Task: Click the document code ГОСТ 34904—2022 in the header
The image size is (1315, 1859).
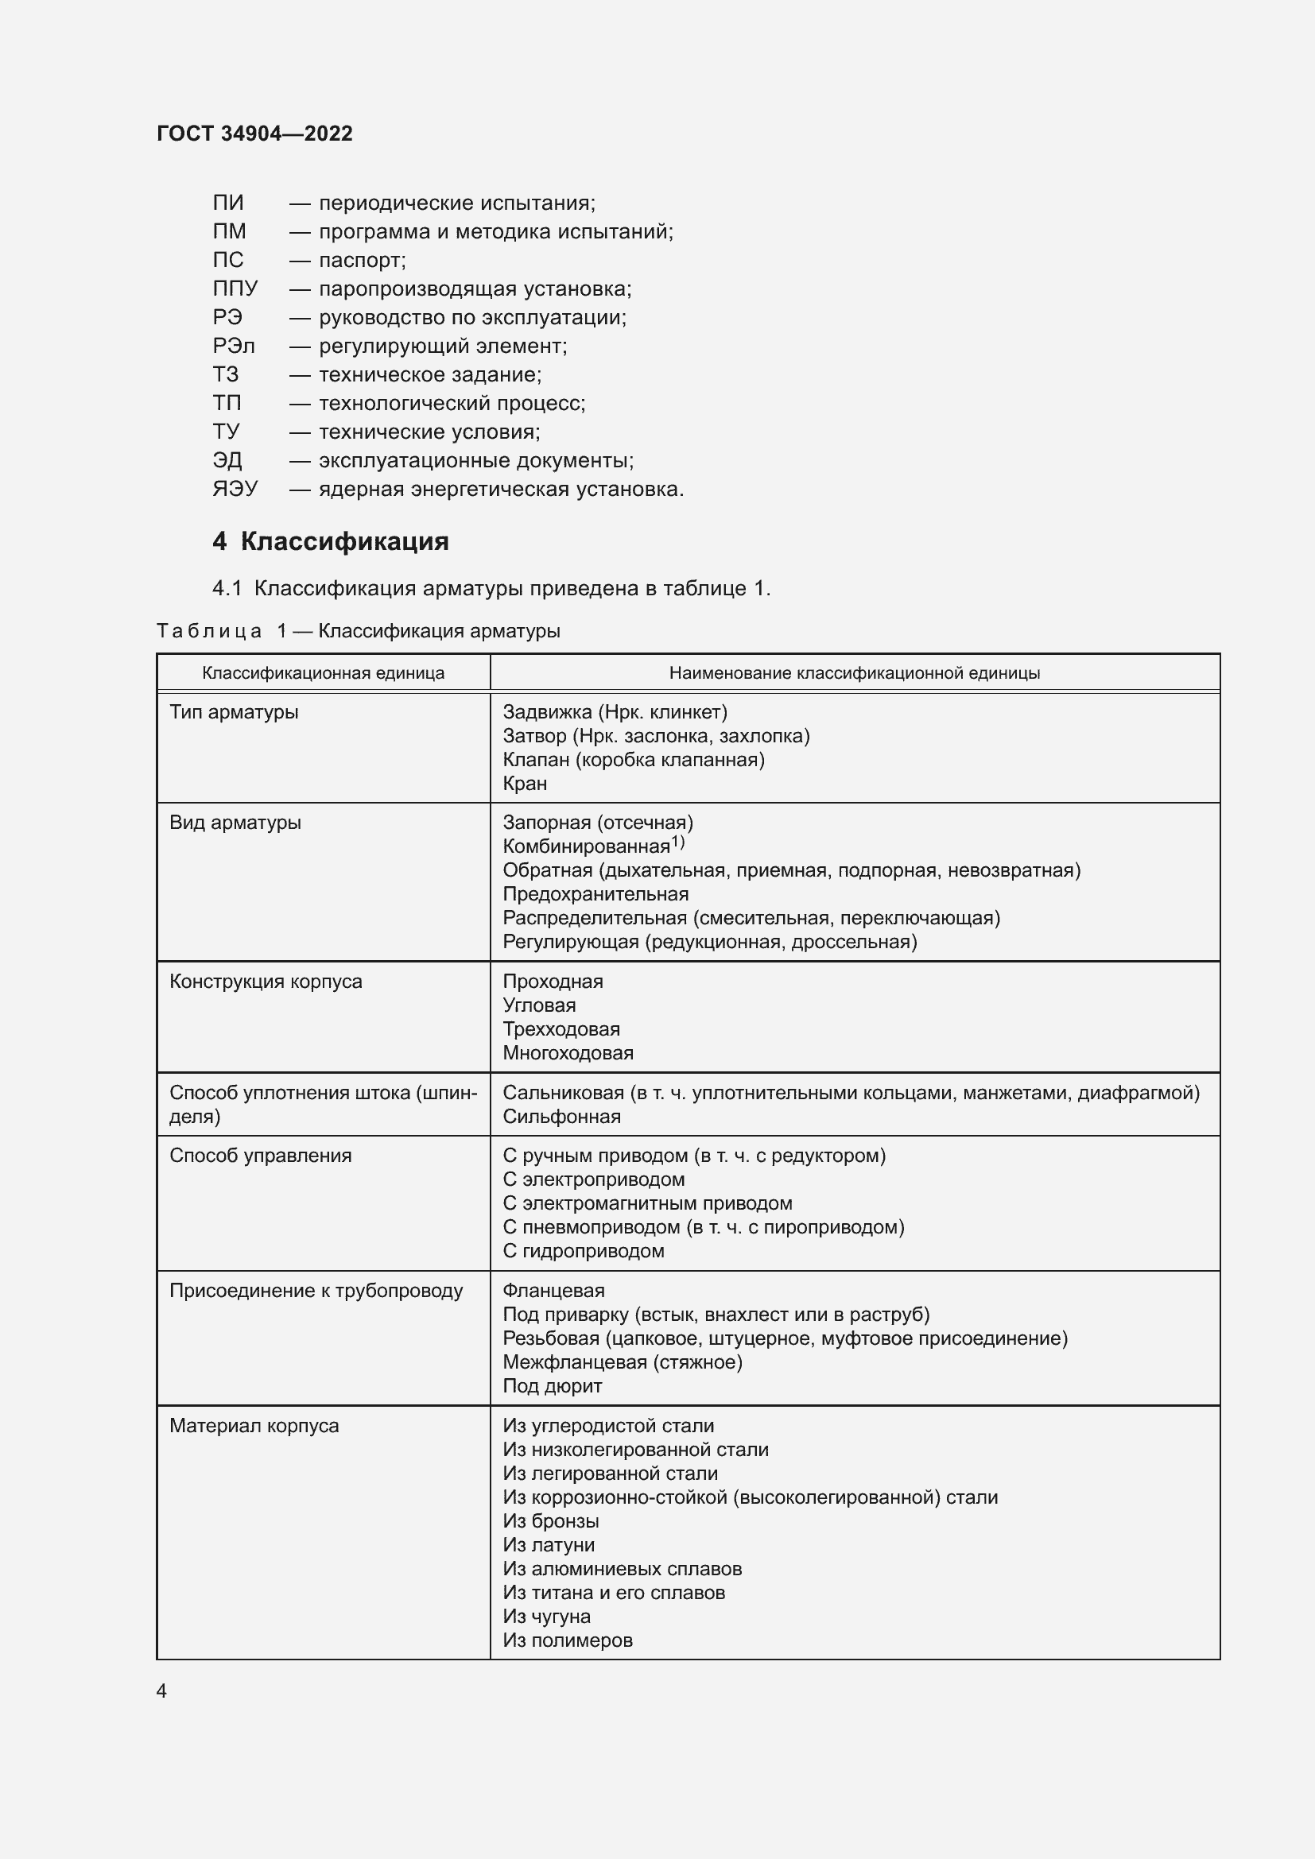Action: [254, 134]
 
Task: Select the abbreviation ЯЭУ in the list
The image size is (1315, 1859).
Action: [235, 489]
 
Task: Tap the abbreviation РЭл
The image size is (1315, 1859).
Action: [233, 347]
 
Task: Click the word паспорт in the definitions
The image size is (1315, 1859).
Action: [362, 261]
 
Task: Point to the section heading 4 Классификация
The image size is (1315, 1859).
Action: [331, 541]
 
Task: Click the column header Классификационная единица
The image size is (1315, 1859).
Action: [323, 673]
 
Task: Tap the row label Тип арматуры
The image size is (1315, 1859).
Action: [234, 712]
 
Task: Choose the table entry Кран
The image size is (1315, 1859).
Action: [525, 784]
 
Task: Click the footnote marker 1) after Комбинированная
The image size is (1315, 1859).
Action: [677, 842]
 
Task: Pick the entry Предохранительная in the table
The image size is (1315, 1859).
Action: [595, 894]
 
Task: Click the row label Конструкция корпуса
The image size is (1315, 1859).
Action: [266, 982]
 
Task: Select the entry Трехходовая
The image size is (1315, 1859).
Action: [561, 1029]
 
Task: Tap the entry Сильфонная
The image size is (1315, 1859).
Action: [561, 1117]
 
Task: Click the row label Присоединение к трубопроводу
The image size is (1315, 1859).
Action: [316, 1291]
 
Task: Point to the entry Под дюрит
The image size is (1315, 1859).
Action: [553, 1386]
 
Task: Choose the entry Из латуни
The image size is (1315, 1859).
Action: [549, 1545]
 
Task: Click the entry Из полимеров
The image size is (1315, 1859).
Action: [568, 1640]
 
